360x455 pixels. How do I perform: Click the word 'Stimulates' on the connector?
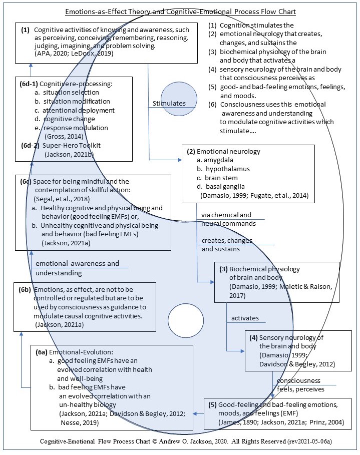coord(169,104)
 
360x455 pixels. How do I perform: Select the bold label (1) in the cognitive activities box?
coord(26,30)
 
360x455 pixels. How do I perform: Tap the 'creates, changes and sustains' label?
coord(227,245)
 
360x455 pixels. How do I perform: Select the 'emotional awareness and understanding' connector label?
coord(77,268)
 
